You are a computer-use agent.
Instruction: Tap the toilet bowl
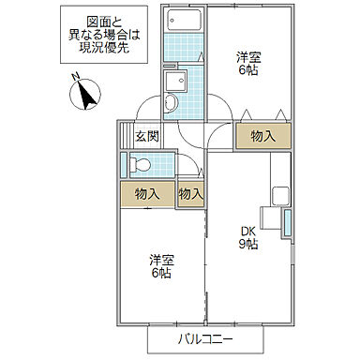[140, 166]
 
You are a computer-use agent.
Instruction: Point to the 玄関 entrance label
[146, 136]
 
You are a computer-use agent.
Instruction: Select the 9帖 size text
[247, 245]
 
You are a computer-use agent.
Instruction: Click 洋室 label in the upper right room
[247, 55]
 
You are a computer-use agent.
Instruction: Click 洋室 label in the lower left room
[161, 260]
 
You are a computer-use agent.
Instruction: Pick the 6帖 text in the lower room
[161, 273]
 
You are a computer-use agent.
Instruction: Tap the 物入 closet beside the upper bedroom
[262, 136]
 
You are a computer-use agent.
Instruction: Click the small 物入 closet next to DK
[190, 194]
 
